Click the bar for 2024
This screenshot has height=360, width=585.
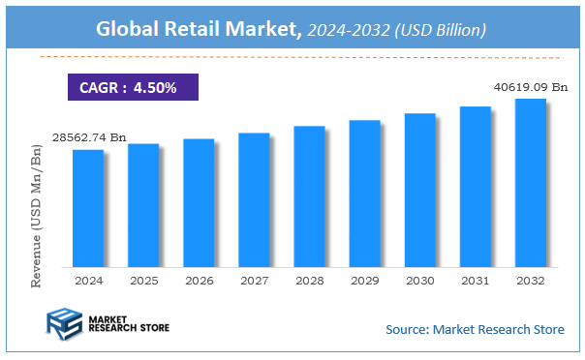(x=87, y=207)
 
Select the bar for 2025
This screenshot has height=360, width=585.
(x=143, y=204)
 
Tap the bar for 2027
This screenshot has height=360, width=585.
(x=254, y=199)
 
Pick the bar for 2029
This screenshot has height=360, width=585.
(x=364, y=193)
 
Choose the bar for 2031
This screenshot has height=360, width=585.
(x=475, y=186)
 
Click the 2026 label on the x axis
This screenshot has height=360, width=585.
(x=199, y=280)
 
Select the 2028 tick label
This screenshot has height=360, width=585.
(x=309, y=280)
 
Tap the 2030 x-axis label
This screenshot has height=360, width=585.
(x=419, y=280)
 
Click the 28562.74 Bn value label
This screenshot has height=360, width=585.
(x=87, y=138)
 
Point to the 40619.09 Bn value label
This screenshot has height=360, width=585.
(x=529, y=87)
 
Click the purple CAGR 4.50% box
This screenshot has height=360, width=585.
(x=133, y=87)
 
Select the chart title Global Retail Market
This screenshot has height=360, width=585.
(x=199, y=30)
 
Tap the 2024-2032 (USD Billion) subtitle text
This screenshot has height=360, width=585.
(x=396, y=31)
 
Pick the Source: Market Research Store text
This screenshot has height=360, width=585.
(x=475, y=329)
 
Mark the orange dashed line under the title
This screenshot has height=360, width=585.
(x=291, y=57)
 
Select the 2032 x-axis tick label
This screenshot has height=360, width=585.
(x=530, y=280)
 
